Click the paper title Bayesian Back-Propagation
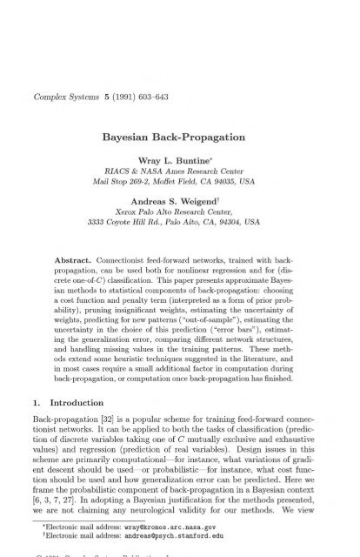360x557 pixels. (180, 113)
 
